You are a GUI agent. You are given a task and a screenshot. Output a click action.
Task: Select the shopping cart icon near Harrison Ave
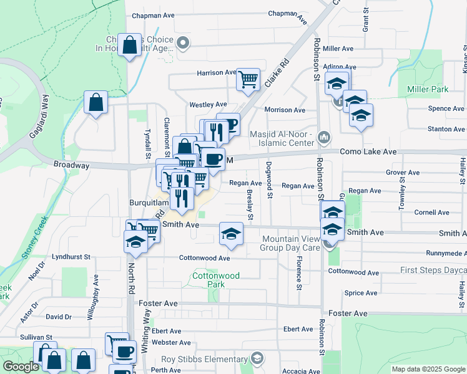(248, 79)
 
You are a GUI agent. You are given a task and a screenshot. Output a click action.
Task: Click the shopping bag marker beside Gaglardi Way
(96, 103)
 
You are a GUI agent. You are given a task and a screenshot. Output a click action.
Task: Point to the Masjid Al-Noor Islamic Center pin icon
(323, 137)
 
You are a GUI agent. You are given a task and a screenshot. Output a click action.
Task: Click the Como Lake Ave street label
(368, 151)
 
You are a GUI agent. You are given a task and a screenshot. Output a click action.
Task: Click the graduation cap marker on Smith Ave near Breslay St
(231, 234)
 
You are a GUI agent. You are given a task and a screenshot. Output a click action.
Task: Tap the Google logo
(21, 367)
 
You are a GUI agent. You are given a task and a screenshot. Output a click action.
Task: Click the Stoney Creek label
(35, 237)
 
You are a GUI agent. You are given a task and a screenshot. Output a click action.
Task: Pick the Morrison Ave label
(285, 110)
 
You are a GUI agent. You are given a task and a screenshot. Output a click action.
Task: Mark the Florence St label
(300, 267)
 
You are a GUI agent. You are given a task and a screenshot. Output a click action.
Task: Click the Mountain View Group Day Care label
(291, 243)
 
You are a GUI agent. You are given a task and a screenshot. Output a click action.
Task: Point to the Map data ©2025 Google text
(428, 369)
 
